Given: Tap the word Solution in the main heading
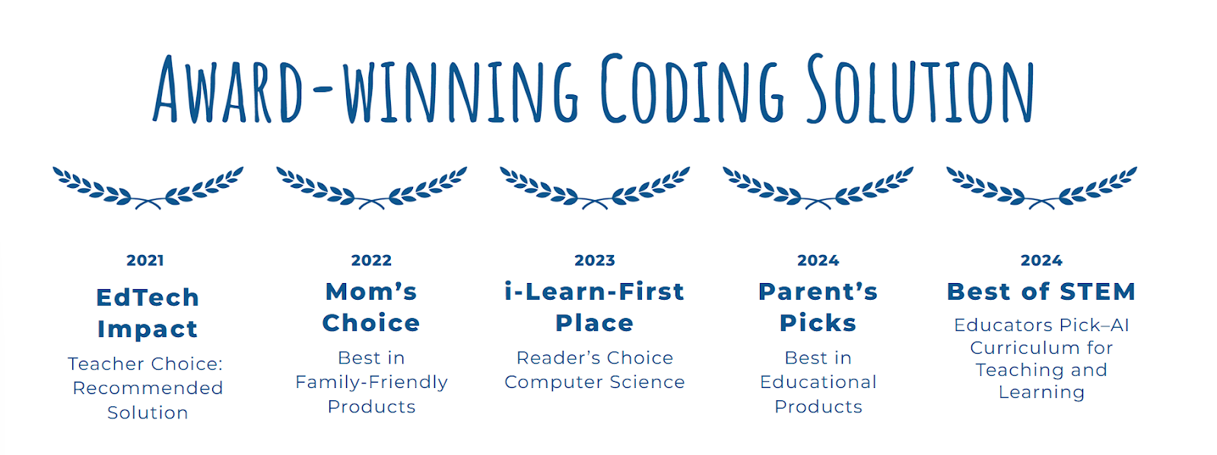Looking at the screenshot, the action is pos(920,88).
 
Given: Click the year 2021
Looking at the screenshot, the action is pos(145,260).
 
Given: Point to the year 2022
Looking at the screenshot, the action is pos(372,260).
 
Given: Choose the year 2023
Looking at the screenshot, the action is pos(595,260).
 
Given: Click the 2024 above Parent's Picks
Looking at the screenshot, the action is pos(818,260).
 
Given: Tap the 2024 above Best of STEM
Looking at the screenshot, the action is pos(1041,260).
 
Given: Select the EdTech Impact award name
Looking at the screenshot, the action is pos(148,313).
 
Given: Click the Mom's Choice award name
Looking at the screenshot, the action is pos(372,307).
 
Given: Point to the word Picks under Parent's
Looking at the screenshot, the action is pos(818,323).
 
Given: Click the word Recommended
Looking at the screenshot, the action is pos(148,388).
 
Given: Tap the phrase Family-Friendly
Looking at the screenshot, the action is pos(372,383).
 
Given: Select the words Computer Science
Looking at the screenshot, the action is pos(595,382).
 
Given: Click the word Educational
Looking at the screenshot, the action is pos(818,382).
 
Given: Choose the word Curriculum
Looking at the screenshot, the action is pos(1022,348).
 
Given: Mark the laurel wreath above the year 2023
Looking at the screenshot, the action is pos(595,188).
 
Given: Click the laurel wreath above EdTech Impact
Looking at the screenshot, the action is pos(148,188).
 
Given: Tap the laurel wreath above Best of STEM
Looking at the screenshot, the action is pos(1041,188).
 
